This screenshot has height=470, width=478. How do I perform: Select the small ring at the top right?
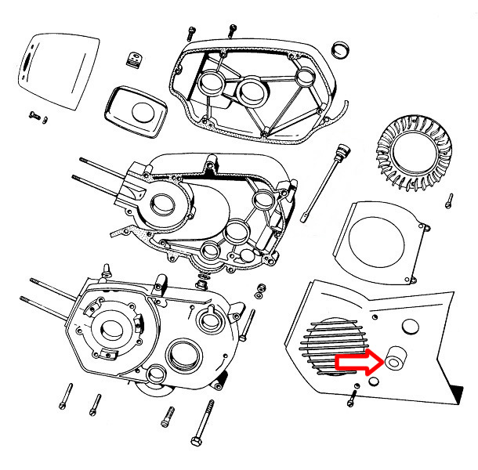342,51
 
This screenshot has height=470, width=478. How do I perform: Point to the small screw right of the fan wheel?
450,200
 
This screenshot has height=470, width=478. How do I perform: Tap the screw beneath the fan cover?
352,398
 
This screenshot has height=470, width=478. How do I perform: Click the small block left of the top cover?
133,58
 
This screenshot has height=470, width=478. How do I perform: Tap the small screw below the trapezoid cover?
36,115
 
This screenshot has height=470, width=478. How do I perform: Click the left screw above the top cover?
191,33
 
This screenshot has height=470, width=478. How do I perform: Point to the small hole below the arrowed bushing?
372,381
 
